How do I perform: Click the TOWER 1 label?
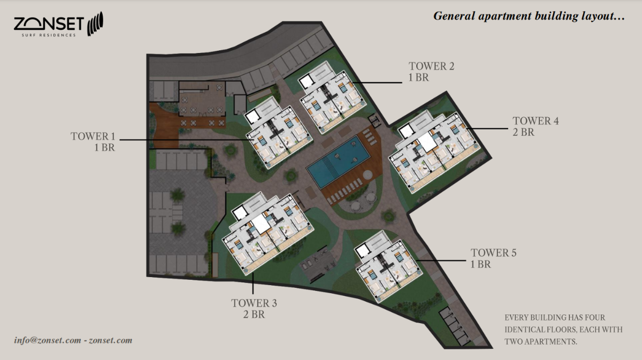coord(93,136)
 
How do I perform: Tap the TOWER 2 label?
coord(432,66)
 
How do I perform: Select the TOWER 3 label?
coord(254,303)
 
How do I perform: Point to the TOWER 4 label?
coord(536,121)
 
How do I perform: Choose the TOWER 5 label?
coord(493,252)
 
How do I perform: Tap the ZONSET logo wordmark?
coord(49,24)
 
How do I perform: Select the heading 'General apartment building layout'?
coord(529,16)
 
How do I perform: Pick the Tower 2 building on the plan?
coord(332,97)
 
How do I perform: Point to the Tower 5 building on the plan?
coord(385,265)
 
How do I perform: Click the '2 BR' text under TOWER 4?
coord(523,132)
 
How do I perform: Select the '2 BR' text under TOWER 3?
coord(254,315)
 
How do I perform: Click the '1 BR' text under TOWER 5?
coord(480,264)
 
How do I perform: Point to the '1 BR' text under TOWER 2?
coord(419,78)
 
